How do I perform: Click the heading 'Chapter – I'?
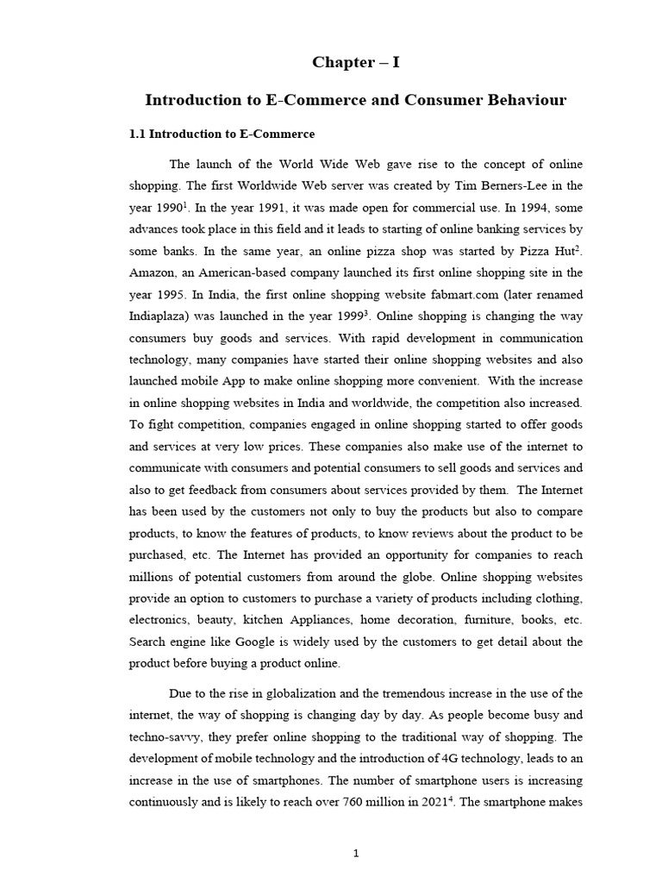(355, 63)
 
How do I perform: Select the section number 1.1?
(138, 135)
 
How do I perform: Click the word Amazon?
(152, 272)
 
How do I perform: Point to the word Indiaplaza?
(161, 316)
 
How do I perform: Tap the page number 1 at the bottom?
(355, 854)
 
